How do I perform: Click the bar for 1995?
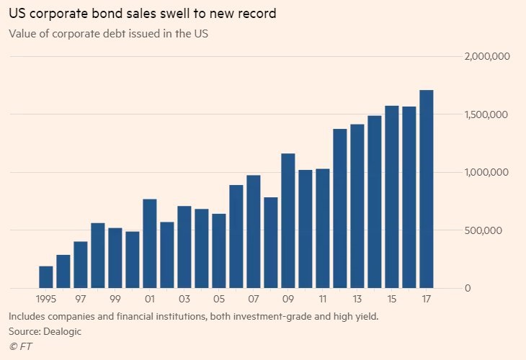[x=46, y=277]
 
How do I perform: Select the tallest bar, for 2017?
[x=427, y=189]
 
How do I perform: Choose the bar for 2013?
[x=357, y=207]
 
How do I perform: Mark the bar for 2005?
[x=219, y=251]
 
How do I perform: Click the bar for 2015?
[x=392, y=197]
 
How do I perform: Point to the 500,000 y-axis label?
[x=491, y=230]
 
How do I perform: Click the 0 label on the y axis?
[x=468, y=288]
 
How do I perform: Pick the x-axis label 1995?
[x=45, y=298]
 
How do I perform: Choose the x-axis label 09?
[x=288, y=298]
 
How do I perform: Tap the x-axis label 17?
[x=427, y=298]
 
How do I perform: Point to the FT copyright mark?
[x=21, y=346]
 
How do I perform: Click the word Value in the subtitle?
[x=22, y=33]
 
